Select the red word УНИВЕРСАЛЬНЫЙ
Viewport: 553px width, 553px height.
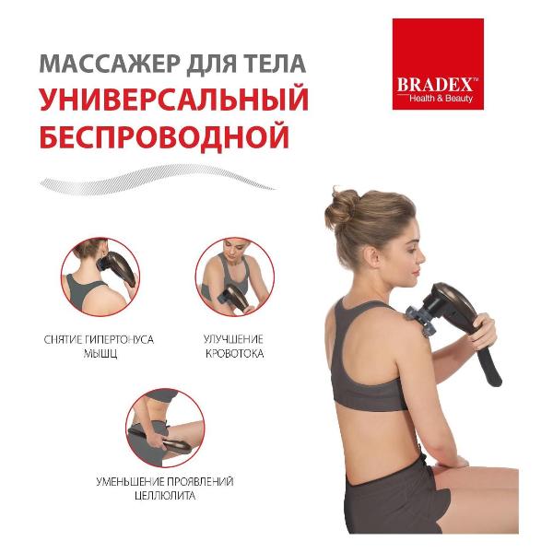click(x=172, y=100)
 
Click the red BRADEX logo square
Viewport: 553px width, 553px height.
click(x=437, y=64)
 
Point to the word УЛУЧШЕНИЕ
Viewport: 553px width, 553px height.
click(x=234, y=339)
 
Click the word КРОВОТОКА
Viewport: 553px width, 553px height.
click(x=234, y=353)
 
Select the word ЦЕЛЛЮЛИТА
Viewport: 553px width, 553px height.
click(x=164, y=495)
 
